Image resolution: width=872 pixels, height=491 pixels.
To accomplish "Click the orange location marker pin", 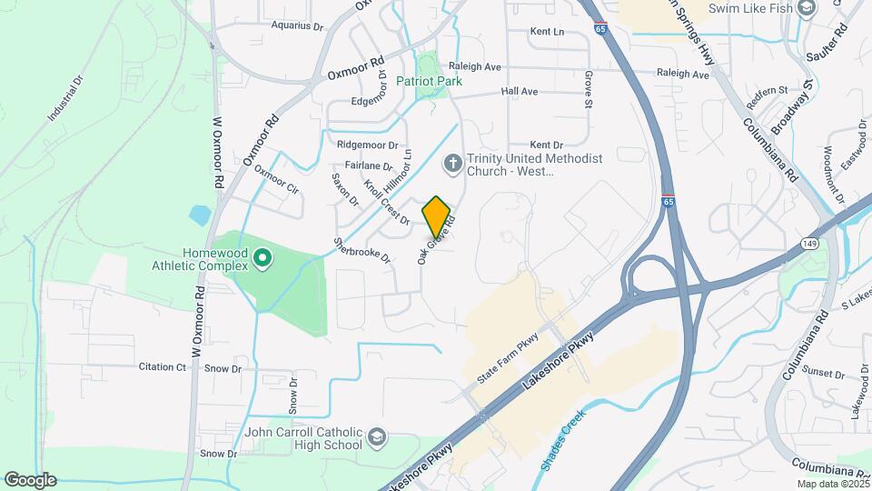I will click(437, 216).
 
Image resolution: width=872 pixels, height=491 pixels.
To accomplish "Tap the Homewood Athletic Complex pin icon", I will click(263, 259).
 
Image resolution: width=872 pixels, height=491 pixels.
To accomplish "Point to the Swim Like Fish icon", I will click(806, 8).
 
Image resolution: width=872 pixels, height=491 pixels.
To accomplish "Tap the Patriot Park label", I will click(429, 81).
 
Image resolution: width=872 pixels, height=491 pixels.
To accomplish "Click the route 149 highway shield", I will click(809, 242).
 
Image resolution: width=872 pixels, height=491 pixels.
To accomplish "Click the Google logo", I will click(30, 479).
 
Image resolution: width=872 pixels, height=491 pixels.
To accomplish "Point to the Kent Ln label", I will click(547, 32).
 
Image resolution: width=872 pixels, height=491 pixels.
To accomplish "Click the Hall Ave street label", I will click(520, 92).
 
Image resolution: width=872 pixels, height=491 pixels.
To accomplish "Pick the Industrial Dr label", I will click(65, 98).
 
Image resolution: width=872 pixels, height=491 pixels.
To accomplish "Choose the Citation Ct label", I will click(162, 367).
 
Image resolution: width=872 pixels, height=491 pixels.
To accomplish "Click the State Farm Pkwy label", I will click(510, 362).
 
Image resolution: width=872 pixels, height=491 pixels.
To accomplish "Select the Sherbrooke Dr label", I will click(362, 251).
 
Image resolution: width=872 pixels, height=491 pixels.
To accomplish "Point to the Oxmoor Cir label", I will click(276, 179).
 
